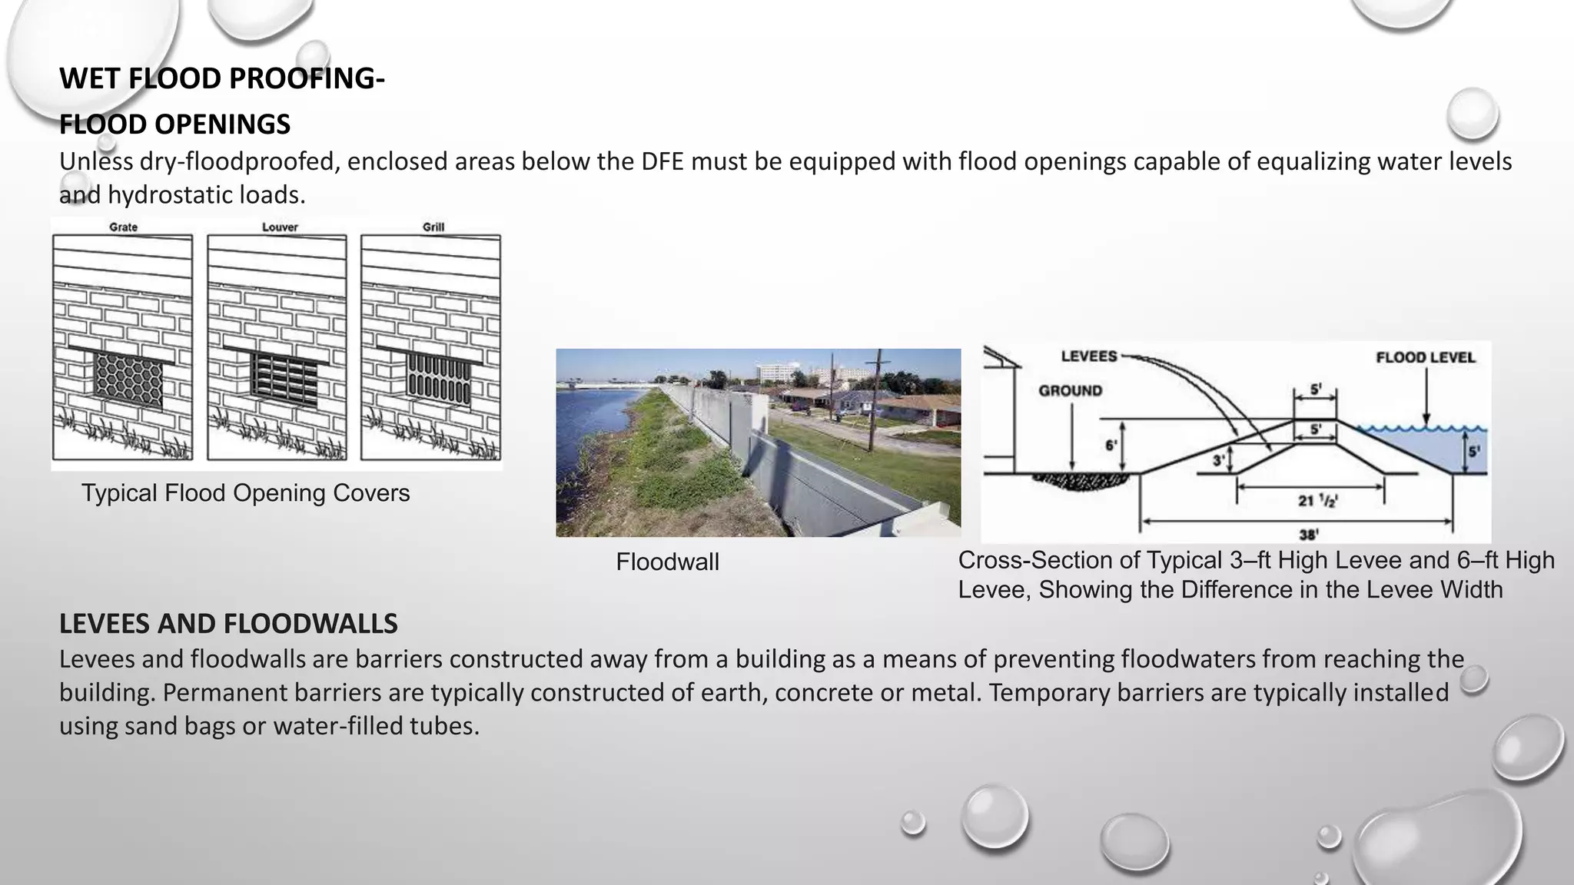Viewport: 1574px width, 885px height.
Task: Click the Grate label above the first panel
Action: (x=123, y=227)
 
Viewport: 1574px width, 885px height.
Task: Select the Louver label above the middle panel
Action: (x=280, y=227)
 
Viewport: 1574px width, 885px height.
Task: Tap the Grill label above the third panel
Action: (x=433, y=227)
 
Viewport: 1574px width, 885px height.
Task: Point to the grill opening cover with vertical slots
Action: (x=438, y=379)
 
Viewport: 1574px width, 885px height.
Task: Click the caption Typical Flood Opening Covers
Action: (x=245, y=493)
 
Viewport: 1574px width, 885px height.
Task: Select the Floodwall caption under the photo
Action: (x=667, y=562)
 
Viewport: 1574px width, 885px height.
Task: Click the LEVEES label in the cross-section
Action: (x=1088, y=356)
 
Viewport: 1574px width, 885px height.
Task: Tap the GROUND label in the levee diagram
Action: (x=1070, y=391)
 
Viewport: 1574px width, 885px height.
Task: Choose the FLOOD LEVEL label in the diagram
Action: (x=1425, y=358)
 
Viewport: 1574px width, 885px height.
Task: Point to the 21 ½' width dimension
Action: (x=1317, y=501)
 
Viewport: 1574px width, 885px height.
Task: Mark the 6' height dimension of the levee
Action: (x=1111, y=446)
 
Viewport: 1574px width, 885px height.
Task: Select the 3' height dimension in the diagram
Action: (x=1218, y=461)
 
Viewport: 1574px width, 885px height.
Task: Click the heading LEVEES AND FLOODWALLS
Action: (x=228, y=624)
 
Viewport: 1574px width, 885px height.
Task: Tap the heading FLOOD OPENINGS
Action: (x=174, y=124)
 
